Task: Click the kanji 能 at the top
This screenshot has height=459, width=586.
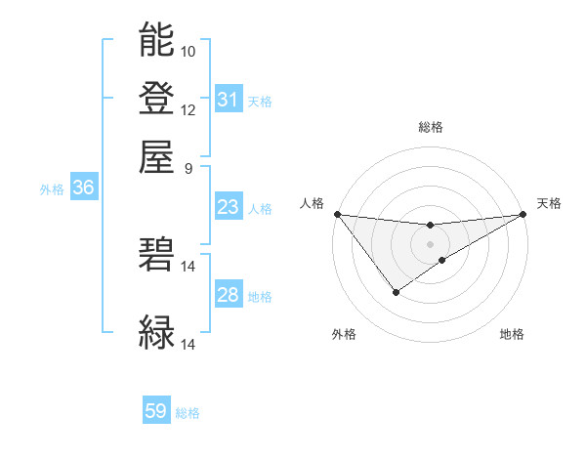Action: (x=156, y=40)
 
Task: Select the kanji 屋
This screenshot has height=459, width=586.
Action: (x=156, y=155)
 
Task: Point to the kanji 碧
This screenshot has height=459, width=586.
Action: (x=156, y=254)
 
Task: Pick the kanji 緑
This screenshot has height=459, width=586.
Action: (x=156, y=332)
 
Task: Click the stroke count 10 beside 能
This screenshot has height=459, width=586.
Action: (x=188, y=51)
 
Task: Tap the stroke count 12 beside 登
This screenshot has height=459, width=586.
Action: (x=188, y=109)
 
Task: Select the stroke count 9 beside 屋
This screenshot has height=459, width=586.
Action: (x=188, y=167)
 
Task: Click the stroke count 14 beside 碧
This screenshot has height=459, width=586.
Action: (x=188, y=266)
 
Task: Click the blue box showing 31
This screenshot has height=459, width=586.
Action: (x=229, y=100)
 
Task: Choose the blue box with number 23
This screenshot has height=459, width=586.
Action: (x=229, y=207)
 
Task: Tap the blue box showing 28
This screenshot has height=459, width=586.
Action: (x=229, y=295)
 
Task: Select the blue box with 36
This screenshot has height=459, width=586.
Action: (x=83, y=188)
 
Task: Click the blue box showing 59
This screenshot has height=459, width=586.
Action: (x=156, y=411)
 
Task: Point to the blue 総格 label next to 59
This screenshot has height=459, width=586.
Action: (x=188, y=413)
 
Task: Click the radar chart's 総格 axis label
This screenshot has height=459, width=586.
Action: (x=430, y=127)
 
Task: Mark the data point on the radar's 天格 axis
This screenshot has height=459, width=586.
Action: (x=523, y=214)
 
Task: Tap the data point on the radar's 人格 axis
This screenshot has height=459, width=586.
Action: (x=337, y=214)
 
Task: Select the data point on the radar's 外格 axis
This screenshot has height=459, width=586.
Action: (x=396, y=292)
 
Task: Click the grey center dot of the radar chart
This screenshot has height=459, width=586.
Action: (x=430, y=243)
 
